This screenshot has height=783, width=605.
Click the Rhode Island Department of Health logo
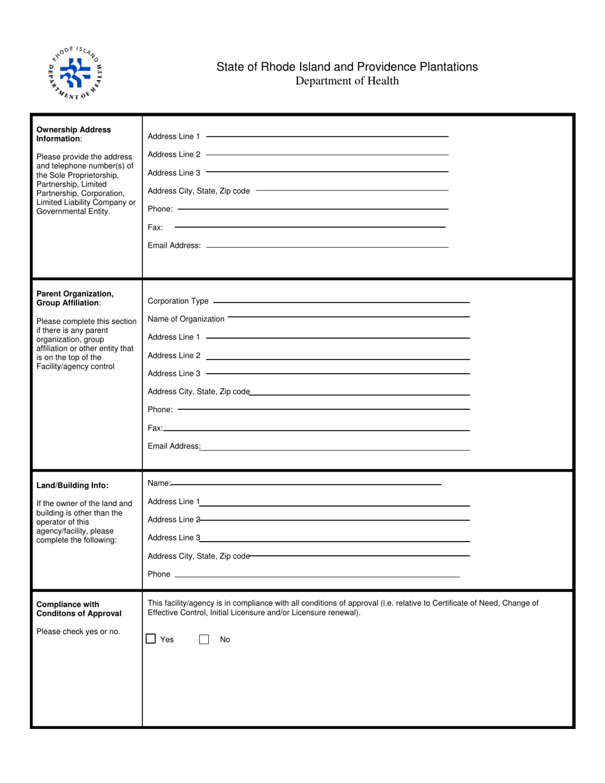point(76,73)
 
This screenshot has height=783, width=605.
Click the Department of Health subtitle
point(347,81)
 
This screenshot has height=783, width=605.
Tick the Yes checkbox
point(151,638)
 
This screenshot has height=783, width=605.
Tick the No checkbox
point(204,639)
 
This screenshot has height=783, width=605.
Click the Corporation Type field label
point(178,301)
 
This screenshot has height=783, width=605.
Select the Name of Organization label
point(186,319)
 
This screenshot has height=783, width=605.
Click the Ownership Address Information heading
point(73,134)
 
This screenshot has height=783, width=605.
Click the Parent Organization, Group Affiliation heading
point(75,298)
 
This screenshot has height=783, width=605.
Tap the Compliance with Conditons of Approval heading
point(78,609)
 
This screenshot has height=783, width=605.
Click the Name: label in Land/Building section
point(159,483)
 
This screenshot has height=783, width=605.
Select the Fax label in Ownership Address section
point(155,227)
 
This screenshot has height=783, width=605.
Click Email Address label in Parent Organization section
point(174,446)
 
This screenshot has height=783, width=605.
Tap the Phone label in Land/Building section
point(159,574)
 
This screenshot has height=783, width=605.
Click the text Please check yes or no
point(78,631)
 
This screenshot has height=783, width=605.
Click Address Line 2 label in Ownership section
point(174,155)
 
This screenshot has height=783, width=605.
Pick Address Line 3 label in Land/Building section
point(174,538)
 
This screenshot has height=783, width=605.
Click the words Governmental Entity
point(73,211)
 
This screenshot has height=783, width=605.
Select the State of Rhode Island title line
point(347,67)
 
